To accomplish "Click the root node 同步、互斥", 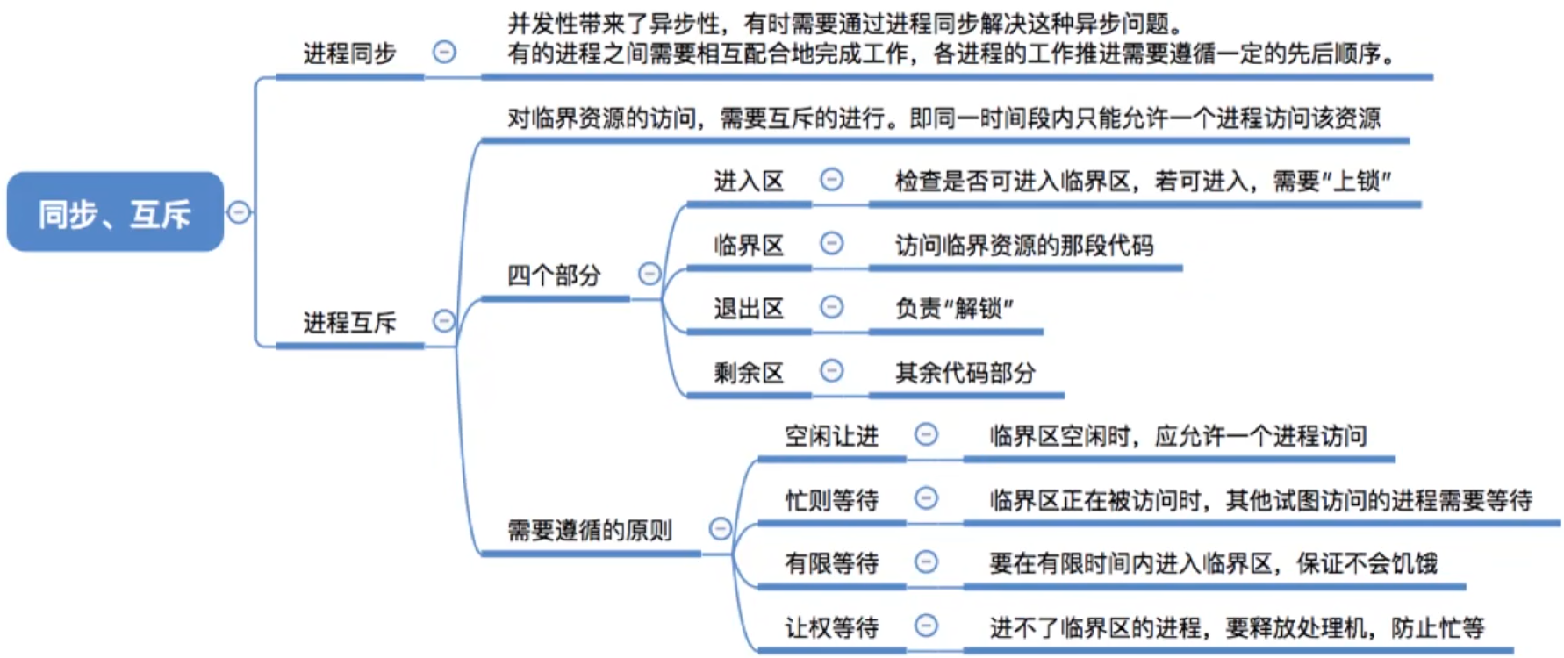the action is (x=115, y=212).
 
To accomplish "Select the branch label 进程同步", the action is (x=349, y=54).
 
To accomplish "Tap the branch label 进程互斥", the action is (x=349, y=323).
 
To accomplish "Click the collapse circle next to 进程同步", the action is (x=444, y=53).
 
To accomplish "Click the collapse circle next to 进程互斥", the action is (x=444, y=321).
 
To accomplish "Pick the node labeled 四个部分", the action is (x=554, y=275).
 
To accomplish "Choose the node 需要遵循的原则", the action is (x=590, y=530).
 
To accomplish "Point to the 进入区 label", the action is (x=749, y=182).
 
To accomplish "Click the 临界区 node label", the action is (x=749, y=245).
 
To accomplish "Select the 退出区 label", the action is (x=749, y=309).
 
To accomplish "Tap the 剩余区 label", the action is (x=749, y=373).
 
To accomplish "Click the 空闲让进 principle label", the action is (x=831, y=436).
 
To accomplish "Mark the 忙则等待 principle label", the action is (x=831, y=500).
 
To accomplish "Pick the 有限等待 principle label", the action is (x=831, y=563).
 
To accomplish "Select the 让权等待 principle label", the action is (x=831, y=627).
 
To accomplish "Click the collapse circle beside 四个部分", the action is (x=649, y=274).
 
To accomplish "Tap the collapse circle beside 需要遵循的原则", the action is (x=721, y=528).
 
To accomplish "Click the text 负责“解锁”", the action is (x=954, y=309).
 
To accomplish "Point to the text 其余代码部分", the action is (x=965, y=373).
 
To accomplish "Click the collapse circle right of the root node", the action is (x=239, y=212).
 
